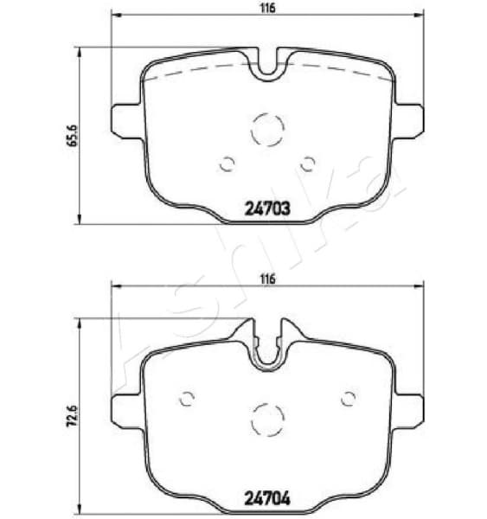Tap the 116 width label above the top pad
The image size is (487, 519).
[x=267, y=8]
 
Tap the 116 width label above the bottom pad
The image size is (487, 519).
[x=267, y=279]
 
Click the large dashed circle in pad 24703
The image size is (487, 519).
[x=267, y=131]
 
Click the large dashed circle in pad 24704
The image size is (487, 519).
[x=267, y=420]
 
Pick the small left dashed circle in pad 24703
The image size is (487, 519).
[x=227, y=163]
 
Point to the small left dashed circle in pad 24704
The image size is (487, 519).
[x=187, y=399]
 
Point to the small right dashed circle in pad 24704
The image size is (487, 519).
[x=349, y=399]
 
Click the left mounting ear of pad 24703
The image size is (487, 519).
[x=125, y=117]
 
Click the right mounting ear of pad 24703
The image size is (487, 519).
[x=410, y=117]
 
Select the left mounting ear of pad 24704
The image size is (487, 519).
[x=125, y=407]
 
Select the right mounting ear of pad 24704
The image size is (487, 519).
[x=410, y=407]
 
